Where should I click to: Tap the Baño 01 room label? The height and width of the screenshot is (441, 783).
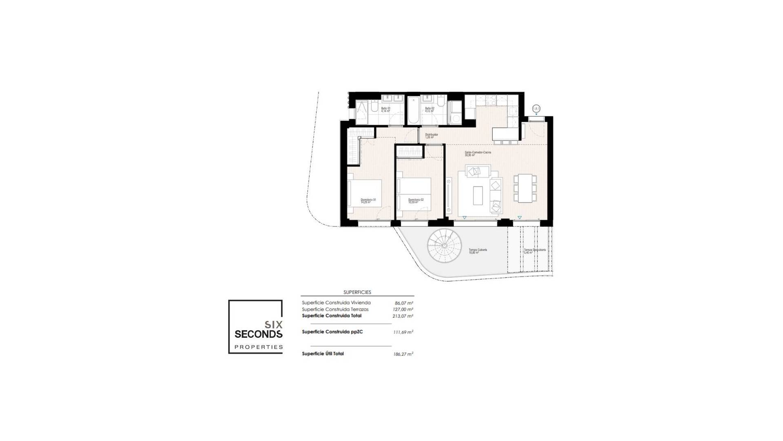point(386,109)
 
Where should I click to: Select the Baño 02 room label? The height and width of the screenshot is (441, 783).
point(429,109)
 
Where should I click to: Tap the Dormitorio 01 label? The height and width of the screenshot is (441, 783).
point(368,201)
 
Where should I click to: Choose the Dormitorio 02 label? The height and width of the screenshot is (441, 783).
point(416,201)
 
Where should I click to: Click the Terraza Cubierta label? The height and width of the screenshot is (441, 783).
point(478,251)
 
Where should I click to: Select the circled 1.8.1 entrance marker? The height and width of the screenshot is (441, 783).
point(536,109)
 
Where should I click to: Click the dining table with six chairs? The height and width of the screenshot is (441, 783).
point(525,188)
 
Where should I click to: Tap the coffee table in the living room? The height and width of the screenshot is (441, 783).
point(478,195)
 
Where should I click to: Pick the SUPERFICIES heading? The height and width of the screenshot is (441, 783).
point(357,292)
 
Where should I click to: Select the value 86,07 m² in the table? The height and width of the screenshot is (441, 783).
point(404,303)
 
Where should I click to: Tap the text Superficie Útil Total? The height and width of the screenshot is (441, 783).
point(323,354)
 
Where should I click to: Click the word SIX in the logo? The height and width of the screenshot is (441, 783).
point(274,325)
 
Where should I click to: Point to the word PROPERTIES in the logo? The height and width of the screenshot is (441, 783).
point(259,347)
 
